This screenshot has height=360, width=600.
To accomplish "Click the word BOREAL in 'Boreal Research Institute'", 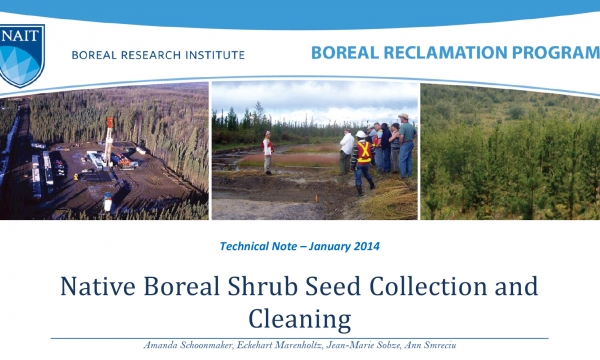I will [x=95, y=56].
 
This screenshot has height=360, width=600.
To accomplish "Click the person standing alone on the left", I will [x=267, y=151].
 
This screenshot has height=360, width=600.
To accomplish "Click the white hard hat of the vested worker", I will [x=361, y=134].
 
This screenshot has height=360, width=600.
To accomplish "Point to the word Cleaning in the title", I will [x=300, y=320].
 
